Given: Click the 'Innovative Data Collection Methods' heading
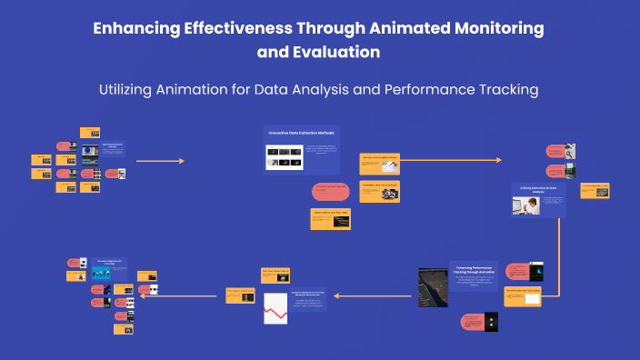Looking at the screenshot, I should coord(300,133).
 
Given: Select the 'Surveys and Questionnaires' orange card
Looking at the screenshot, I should coord(380,163).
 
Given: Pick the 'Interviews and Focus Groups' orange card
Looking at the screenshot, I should coord(380,189).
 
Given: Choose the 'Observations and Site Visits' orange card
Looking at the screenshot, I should coord(330,218).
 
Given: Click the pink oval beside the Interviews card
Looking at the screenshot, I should coord(331,191).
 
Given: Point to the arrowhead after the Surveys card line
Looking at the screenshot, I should coord(497,160).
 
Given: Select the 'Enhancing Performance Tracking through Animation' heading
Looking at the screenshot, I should coord(474,269).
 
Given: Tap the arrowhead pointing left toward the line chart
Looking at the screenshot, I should coord(336,295).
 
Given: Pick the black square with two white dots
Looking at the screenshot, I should coord(492,322).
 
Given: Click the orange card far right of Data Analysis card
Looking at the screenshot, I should coord(595,190).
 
